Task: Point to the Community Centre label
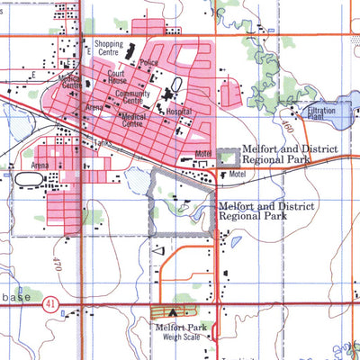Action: (x=132, y=97)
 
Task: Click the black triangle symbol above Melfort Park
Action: (x=173, y=312)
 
